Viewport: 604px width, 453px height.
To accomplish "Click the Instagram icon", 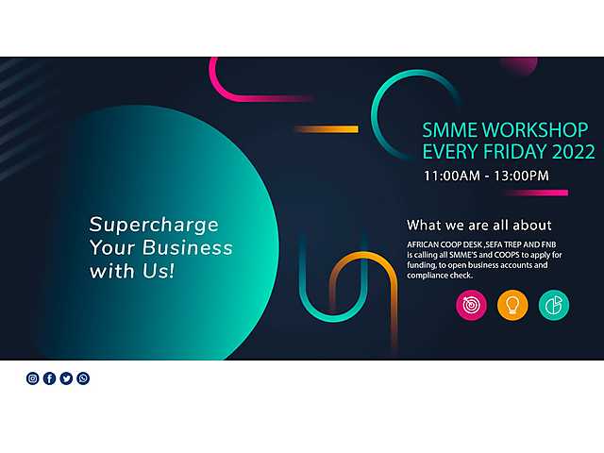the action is click(33, 378).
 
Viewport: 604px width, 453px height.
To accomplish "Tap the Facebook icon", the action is click(49, 378).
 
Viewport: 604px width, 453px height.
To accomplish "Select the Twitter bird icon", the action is click(66, 378).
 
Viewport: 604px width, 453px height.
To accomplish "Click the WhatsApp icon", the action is click(83, 378).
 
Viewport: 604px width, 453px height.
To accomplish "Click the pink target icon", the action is click(471, 305).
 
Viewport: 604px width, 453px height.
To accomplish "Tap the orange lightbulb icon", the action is click(512, 305).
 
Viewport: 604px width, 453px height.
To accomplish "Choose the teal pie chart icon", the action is click(554, 305).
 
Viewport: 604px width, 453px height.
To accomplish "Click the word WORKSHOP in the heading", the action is click(535, 130).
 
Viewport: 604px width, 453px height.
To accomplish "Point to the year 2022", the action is click(574, 151).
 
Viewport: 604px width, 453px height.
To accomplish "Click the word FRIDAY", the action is click(515, 151).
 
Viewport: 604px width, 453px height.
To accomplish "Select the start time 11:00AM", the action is click(452, 176).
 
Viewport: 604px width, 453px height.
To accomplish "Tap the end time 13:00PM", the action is click(521, 176).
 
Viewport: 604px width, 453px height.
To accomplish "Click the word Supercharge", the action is click(154, 226).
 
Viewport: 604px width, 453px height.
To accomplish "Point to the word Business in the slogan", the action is click(188, 247).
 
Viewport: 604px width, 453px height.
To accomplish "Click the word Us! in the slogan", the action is click(159, 271).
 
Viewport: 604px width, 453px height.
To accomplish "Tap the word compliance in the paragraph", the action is click(426, 276).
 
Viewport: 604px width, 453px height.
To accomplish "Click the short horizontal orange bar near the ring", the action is click(327, 129).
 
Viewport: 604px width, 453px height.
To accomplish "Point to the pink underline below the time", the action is click(536, 193).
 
